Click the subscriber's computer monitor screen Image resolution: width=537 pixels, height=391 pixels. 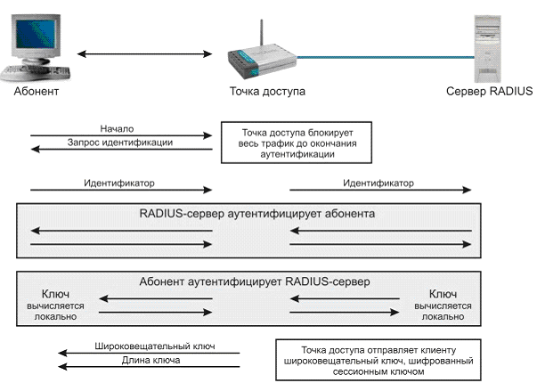point(36,34)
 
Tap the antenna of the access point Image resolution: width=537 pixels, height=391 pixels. point(261,33)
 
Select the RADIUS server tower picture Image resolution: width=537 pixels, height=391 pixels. point(487,49)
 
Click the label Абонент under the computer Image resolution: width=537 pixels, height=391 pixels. point(37,92)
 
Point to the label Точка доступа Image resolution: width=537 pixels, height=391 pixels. point(267,92)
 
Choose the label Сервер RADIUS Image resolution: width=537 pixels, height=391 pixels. point(490,91)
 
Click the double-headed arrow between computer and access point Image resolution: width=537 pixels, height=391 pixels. point(144,53)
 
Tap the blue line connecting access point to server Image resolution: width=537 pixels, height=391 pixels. point(386,57)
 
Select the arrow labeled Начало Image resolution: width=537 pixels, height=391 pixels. point(121,135)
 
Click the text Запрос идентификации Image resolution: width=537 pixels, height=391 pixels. point(120,143)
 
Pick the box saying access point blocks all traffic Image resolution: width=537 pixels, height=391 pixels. point(297,143)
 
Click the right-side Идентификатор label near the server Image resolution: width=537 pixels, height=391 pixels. point(378,183)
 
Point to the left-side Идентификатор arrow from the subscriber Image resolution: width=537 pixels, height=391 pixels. point(121,190)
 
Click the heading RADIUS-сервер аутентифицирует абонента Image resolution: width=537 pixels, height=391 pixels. point(257,214)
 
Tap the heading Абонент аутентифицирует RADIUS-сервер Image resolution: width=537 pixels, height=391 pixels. point(255,281)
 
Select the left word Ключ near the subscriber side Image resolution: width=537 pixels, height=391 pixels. point(55,294)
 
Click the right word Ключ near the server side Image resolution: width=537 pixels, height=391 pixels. point(443,294)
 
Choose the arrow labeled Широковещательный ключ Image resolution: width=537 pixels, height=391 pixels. point(149,353)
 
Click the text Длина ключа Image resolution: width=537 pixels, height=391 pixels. point(151,360)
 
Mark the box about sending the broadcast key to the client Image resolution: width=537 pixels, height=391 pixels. point(378,360)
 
